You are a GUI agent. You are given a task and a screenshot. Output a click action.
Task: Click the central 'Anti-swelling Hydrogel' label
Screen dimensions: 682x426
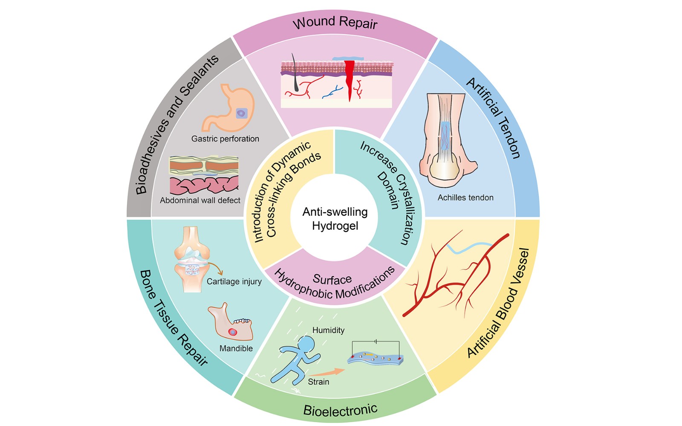335,219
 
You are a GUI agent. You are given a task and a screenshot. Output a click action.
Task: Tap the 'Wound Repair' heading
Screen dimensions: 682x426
335,23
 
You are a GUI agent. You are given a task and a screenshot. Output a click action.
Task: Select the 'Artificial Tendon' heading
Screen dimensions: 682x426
493,118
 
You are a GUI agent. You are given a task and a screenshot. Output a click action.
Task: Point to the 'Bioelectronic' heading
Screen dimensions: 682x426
341,409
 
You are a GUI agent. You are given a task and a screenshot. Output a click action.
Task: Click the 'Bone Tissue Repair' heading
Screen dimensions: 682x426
173,318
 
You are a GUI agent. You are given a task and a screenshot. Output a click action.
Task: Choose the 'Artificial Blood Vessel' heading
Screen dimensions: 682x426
498,303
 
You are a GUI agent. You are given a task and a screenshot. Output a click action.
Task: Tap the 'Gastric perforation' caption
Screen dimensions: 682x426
225,139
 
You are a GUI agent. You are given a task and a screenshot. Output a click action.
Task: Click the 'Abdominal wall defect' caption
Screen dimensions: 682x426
200,200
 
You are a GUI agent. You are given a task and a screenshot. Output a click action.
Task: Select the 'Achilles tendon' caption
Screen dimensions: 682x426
465,197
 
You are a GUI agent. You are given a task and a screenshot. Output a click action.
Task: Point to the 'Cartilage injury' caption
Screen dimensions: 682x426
234,281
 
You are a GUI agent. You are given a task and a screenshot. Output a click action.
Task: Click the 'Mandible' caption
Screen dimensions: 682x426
236,348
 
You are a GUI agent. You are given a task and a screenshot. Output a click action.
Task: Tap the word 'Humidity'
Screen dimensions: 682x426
328,330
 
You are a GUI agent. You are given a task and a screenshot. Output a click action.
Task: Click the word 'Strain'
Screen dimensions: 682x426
318,382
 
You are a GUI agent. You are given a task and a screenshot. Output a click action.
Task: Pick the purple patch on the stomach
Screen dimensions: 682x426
241,113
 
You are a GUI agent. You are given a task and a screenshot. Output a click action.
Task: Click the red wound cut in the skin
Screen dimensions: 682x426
350,80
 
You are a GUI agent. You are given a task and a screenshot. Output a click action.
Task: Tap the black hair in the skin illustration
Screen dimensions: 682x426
295,73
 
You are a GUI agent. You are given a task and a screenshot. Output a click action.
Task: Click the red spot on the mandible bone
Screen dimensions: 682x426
233,332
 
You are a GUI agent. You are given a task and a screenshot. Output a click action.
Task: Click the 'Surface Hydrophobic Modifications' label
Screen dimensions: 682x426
334,283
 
